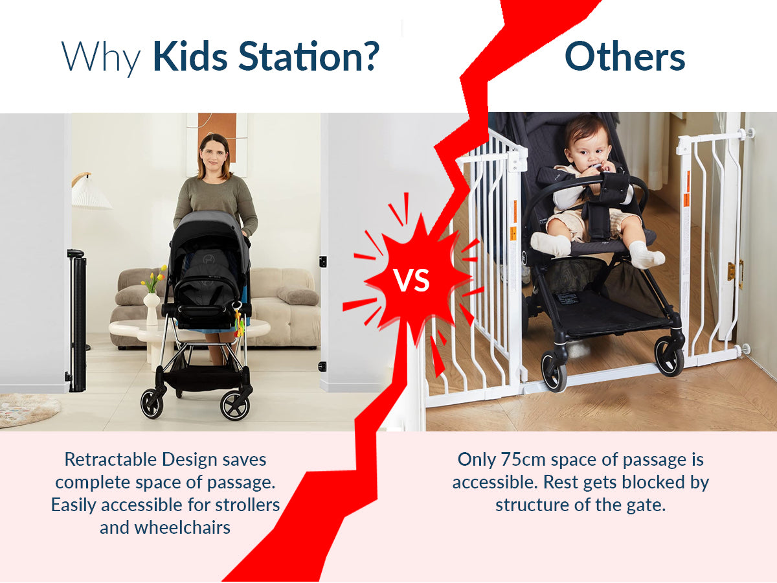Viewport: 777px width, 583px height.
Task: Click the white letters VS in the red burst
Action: click(412, 280)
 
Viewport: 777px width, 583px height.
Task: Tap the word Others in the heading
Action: click(625, 57)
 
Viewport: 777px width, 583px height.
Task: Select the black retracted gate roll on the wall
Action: click(77, 321)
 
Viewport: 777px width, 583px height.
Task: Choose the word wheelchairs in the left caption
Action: click(183, 527)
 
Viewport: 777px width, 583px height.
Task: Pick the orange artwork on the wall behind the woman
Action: click(217, 134)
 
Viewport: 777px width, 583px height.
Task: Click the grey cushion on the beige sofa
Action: click(298, 295)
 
